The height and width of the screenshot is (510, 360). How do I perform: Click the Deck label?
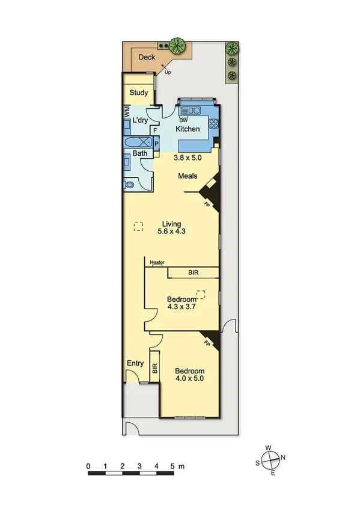coord(147,58)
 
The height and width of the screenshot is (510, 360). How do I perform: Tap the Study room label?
coord(139,93)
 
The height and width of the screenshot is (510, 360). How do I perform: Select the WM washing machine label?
coord(127,111)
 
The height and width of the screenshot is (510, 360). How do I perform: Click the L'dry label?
coord(140,121)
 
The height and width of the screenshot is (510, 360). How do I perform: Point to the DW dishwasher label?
coord(183,120)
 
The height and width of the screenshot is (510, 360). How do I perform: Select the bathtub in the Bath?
coord(138,143)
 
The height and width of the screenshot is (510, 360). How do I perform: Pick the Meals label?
coord(189,176)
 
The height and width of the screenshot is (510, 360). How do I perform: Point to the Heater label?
coord(157,262)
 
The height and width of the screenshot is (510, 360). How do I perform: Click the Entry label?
coord(135,363)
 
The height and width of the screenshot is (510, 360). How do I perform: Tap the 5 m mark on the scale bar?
coord(172,465)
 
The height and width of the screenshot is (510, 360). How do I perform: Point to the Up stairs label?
coord(168,72)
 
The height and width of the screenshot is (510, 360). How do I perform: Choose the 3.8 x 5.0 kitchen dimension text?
coord(187,158)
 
